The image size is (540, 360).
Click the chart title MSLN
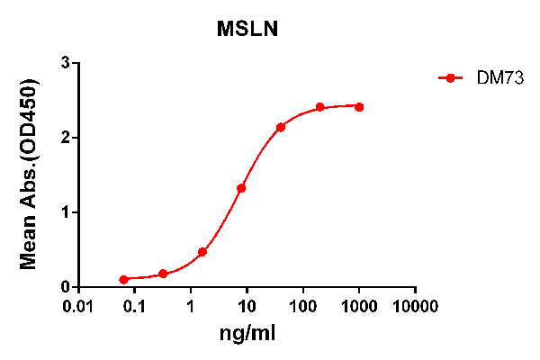247,29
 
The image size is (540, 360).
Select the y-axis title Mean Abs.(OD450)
29,175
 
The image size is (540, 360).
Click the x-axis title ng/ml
247,335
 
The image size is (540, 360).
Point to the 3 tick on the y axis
66,63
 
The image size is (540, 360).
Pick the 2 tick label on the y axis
66,138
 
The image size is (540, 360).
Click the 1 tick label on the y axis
66,212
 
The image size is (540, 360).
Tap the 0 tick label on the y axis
66,287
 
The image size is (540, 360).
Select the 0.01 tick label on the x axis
79,307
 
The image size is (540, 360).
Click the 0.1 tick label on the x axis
134,307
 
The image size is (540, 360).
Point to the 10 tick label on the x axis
247,307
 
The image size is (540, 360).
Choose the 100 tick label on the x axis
303,307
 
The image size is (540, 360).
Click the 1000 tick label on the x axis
359,307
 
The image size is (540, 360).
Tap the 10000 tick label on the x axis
415,307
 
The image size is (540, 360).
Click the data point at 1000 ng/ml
359,107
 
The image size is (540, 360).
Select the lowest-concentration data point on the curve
123,280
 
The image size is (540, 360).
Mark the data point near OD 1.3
241,188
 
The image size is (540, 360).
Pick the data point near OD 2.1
281,127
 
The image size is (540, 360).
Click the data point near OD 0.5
202,252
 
